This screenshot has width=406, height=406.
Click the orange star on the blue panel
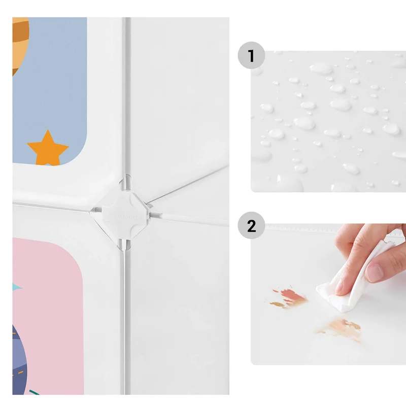pyautogui.click(x=48, y=149)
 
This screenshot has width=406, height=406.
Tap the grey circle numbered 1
pyautogui.click(x=251, y=55)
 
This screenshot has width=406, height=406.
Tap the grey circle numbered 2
pyautogui.click(x=251, y=225)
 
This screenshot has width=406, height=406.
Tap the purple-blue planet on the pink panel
pyautogui.click(x=19, y=360)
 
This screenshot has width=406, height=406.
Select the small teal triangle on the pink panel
pyautogui.click(x=17, y=287)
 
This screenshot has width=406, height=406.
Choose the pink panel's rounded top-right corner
pyautogui.click(x=75, y=252)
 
